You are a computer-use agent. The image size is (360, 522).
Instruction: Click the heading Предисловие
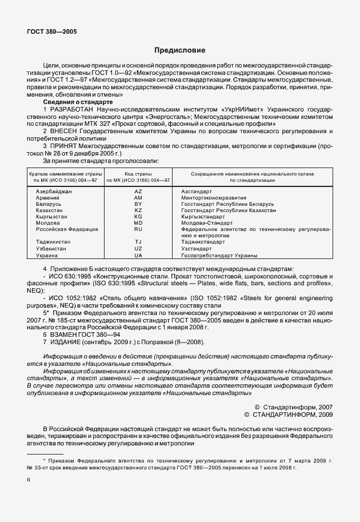179,50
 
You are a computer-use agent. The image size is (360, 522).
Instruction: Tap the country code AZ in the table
138,192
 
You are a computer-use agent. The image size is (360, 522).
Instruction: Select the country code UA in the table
138,256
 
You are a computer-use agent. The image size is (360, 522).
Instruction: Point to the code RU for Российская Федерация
138,229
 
